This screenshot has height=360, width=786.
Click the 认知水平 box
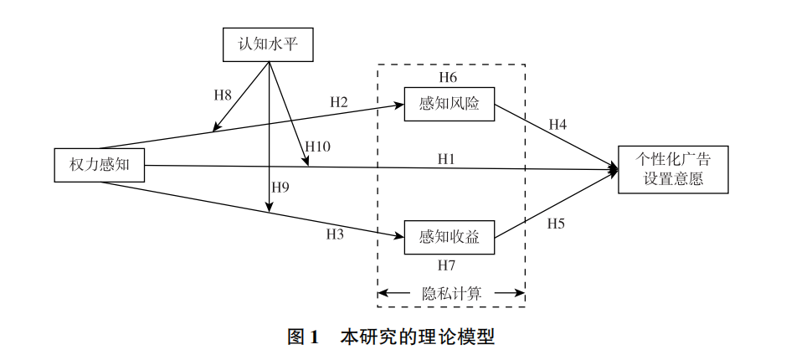click(x=267, y=44)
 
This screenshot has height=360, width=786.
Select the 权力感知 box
click(x=99, y=164)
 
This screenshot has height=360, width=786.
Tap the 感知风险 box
click(x=449, y=104)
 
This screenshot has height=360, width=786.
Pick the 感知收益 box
click(x=449, y=236)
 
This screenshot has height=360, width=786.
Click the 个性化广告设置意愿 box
click(x=672, y=169)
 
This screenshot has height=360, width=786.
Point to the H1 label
click(x=446, y=157)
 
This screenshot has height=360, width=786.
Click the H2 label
click(x=339, y=102)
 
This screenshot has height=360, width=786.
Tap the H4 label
click(x=557, y=125)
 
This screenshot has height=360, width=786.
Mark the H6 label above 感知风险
click(x=448, y=78)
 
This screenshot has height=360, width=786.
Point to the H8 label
click(x=223, y=95)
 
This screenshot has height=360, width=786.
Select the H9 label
click(x=280, y=187)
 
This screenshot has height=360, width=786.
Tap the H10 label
click(x=317, y=147)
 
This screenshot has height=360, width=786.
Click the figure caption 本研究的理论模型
click(x=417, y=338)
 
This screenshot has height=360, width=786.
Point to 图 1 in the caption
click(x=303, y=338)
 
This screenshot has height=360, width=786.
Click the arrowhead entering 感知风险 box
click(x=400, y=105)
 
